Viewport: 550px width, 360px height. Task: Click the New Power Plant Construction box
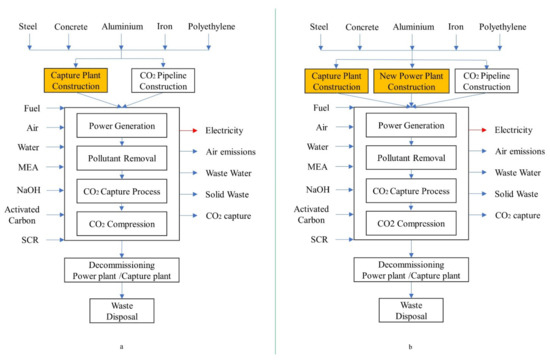(410, 79)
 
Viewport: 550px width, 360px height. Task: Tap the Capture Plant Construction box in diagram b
(336, 79)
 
